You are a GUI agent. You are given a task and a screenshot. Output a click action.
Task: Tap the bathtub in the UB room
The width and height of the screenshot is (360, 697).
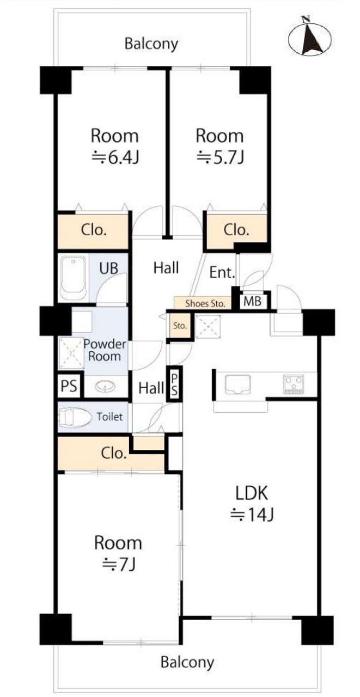pos(73,278)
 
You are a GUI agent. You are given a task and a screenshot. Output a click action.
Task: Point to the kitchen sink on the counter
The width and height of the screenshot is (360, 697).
pos(237,384)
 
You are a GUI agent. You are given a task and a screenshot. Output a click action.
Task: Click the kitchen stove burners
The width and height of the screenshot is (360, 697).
pos(294,384)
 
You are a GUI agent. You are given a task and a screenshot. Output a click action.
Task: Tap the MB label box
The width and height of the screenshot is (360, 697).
pos(252,301)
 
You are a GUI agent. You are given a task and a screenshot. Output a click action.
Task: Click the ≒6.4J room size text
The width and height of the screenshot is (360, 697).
pos(115,158)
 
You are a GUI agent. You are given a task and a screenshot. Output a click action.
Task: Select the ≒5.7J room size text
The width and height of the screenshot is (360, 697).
pos(220,158)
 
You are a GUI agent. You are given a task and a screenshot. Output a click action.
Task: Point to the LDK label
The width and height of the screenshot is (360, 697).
pos(252,493)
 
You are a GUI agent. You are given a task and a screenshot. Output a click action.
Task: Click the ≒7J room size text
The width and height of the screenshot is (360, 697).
pos(119,565)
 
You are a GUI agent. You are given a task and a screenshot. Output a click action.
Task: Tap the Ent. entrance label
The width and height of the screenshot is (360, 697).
pos(222,273)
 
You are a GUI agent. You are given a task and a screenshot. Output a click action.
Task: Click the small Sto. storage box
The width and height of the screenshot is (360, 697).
pos(180,326)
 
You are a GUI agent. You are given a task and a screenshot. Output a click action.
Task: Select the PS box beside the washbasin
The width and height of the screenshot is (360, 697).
pos(69,387)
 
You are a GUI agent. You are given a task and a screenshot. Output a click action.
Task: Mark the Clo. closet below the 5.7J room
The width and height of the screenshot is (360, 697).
pos(236,230)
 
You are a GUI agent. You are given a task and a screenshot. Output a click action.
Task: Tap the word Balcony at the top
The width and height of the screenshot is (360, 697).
pos(151,44)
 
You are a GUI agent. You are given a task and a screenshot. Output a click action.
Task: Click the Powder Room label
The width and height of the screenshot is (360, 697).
pos(105,350)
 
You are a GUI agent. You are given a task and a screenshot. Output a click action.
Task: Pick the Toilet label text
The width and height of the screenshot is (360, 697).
pos(109,417)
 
